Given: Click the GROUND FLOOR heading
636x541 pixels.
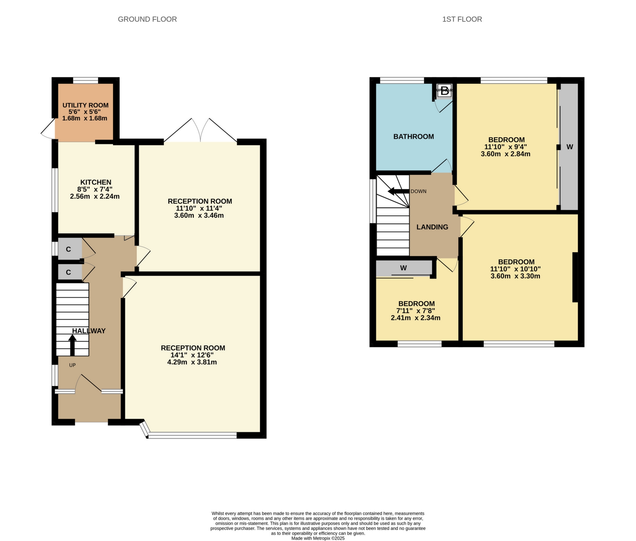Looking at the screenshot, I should coord(147,19).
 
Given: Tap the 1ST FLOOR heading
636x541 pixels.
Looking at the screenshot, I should coord(462,19).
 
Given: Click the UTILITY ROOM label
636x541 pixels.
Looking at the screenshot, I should coord(85,105).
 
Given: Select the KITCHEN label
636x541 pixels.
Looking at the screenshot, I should coord(96,182).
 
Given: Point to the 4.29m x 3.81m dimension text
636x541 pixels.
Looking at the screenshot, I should coord(192,362).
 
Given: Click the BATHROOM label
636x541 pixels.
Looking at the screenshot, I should coord(413,136).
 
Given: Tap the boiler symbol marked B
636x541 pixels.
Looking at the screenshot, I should coord(444,91).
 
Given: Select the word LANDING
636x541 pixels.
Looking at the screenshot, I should coord(432,227).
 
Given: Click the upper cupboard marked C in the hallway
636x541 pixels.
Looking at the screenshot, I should coord(69,249).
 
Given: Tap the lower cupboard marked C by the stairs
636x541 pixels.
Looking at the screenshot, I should coord(69,272).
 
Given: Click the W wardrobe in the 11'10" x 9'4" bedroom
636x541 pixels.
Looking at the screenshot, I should coord(569,147).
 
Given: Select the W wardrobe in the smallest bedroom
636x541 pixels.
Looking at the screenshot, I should coord(403,268).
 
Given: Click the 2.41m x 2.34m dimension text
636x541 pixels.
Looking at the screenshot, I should coord(415,318).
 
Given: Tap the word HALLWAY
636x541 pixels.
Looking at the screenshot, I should coord(89,331).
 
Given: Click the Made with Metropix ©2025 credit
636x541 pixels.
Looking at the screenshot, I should coord(318,538).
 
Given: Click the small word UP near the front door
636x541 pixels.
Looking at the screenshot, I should coord(73,365).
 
